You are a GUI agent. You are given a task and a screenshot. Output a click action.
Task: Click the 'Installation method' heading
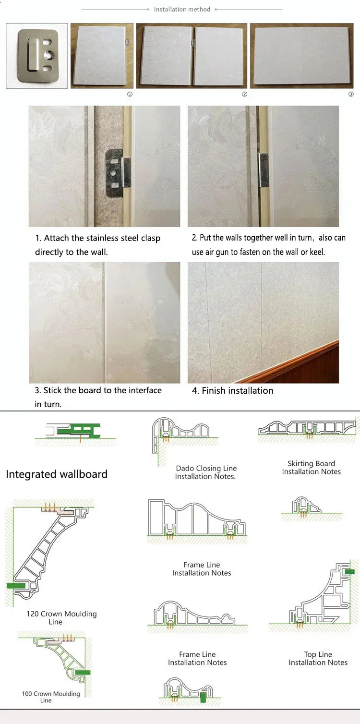point(182,9)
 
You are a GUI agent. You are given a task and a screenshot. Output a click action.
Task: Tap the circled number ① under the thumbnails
point(129,94)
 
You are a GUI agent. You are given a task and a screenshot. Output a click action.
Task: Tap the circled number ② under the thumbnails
point(244,94)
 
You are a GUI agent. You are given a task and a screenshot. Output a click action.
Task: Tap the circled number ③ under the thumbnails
point(351,94)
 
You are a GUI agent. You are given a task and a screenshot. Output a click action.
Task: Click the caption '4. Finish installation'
point(233,390)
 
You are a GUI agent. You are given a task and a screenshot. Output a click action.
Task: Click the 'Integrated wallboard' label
point(57,474)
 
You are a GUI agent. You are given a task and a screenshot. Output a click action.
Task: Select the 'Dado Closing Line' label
point(206,469)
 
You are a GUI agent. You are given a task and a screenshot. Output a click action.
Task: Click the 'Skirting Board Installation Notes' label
point(311,468)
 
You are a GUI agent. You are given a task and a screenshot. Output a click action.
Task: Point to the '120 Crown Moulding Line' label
point(61,617)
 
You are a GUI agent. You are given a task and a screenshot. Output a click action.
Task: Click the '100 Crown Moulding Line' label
point(51,697)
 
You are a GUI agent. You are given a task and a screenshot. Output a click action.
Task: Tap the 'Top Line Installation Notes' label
point(318,658)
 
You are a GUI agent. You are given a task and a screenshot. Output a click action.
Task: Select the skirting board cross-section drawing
point(307,427)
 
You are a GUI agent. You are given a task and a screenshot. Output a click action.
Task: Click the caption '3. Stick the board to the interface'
point(98,390)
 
